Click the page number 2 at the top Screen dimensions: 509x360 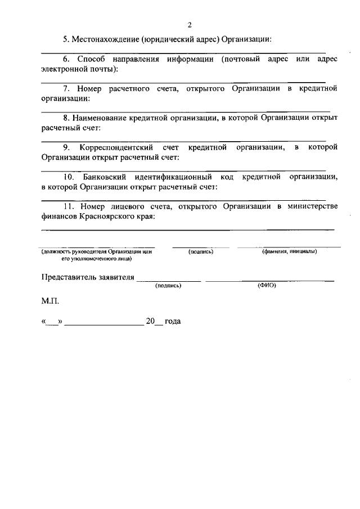(x=190, y=25)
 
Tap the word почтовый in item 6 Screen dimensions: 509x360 (x=245, y=59)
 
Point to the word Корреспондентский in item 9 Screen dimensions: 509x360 (x=117, y=148)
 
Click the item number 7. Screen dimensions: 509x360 (x=65, y=89)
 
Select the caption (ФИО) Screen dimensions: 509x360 (x=267, y=285)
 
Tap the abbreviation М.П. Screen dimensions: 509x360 (x=49, y=301)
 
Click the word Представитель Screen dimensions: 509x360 (x=69, y=277)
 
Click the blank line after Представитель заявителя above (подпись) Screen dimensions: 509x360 (x=168, y=280)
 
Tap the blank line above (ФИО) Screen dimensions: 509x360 (x=269, y=280)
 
